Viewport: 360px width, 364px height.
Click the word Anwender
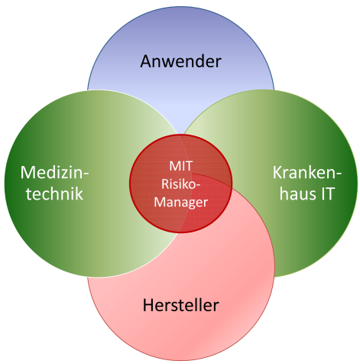180,61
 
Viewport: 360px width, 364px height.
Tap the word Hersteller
180,305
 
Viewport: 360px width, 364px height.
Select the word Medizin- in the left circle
54,173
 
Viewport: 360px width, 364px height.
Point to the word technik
54,193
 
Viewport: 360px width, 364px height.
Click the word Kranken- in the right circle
307,173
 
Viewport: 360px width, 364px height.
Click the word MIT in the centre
180,166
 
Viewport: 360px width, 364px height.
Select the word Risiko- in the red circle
180,184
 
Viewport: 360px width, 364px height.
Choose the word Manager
180,203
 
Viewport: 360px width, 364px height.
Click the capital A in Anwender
147,61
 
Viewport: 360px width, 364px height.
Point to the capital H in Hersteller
148,305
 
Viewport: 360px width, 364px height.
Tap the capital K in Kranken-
277,173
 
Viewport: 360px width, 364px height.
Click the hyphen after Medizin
86,174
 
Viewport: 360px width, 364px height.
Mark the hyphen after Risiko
198,185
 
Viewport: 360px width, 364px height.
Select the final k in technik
79,193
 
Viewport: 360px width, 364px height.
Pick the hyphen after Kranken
339,174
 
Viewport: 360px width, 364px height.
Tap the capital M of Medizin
28,173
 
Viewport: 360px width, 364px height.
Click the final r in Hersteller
216,307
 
